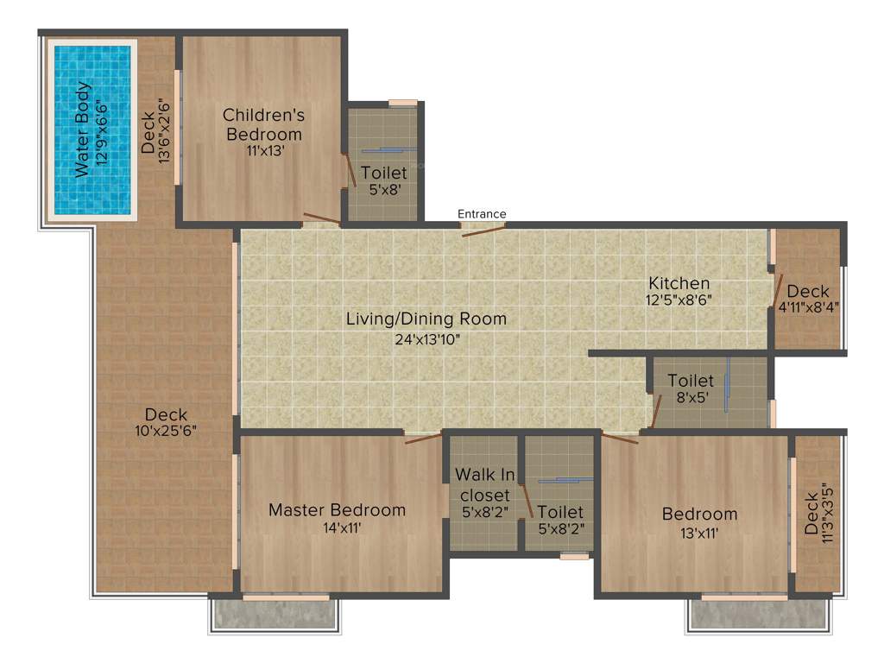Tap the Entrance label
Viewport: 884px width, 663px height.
[482, 214]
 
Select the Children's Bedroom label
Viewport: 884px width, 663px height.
[263, 124]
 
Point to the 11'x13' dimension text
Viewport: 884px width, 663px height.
[263, 149]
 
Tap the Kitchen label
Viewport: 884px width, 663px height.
[679, 283]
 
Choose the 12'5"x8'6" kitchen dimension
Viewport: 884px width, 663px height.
[679, 300]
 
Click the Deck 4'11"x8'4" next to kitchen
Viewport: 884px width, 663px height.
[808, 298]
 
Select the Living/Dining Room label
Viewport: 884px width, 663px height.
[426, 319]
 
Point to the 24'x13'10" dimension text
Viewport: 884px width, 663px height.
[426, 338]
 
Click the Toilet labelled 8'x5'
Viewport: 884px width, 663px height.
[691, 389]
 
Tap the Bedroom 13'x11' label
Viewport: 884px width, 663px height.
[699, 515]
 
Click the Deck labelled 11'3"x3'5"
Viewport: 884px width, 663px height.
[817, 513]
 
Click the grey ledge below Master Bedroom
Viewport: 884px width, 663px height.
[275, 615]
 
